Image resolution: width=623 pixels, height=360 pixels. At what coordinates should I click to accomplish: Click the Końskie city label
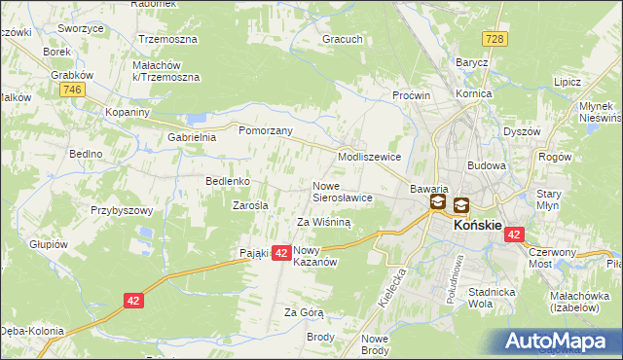[478, 225]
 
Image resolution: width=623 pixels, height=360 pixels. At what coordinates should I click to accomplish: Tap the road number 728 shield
[496, 37]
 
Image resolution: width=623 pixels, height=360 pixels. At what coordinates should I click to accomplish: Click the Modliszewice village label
[369, 156]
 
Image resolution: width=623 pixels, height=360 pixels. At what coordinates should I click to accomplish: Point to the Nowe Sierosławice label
[343, 191]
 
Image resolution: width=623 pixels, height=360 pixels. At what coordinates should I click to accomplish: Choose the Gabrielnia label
[192, 138]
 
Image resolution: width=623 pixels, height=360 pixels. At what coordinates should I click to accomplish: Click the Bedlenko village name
[230, 181]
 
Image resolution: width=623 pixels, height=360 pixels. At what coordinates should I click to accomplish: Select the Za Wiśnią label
[323, 222]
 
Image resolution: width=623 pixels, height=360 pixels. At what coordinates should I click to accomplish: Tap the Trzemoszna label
[167, 40]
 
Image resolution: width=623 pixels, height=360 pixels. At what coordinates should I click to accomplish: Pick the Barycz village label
[472, 61]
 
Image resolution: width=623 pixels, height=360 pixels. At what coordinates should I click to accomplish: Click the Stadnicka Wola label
[491, 296]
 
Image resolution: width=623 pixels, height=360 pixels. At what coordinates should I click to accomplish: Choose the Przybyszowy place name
[123, 210]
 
